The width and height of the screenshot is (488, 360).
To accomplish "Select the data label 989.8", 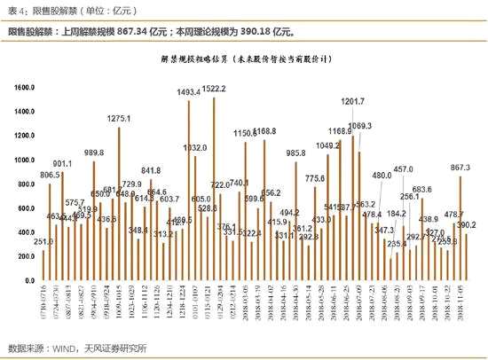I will point(94,153).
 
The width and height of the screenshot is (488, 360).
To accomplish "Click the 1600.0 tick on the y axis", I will point(21,87).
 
